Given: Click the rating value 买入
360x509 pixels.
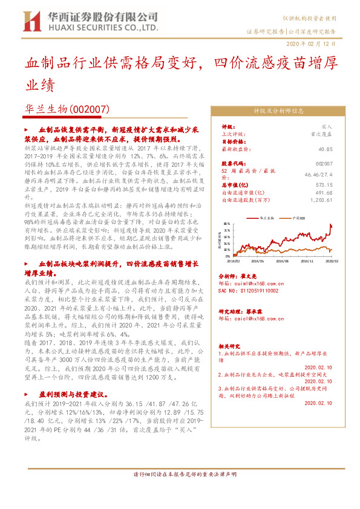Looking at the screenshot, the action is (x=327, y=127).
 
